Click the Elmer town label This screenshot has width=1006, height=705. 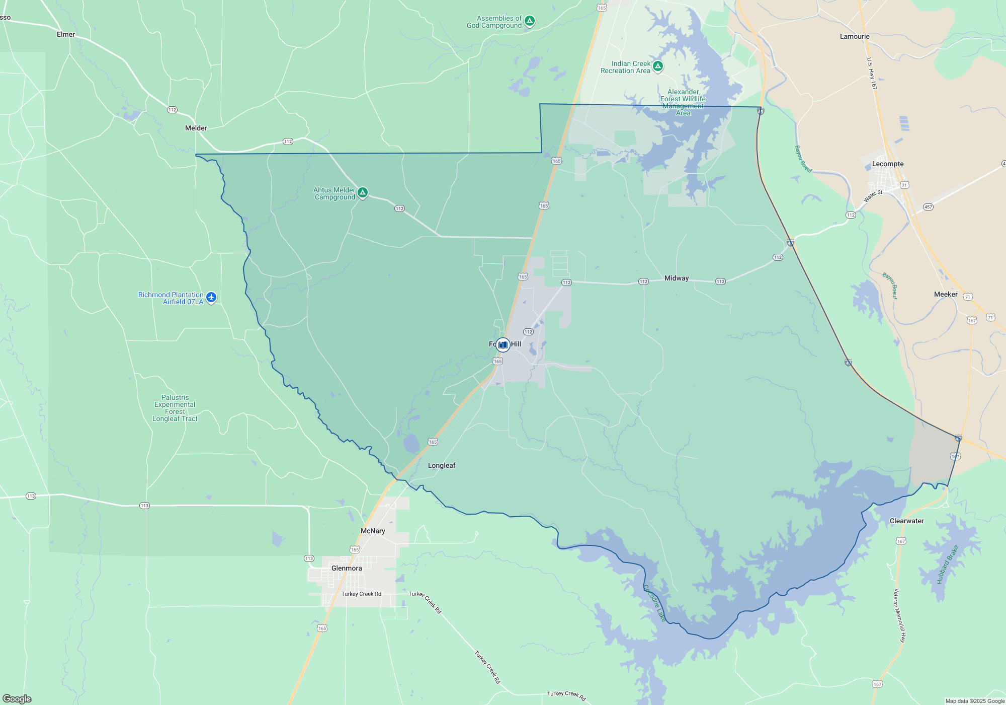pos(66,34)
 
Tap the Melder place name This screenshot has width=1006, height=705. pos(196,128)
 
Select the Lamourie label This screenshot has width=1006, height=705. pos(855,36)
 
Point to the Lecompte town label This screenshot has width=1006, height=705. pos(888,164)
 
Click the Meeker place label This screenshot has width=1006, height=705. pos(946,294)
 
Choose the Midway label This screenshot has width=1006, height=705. pos(677,278)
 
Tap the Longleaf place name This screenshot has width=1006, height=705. pos(442,465)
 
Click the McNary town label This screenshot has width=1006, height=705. pos(373,531)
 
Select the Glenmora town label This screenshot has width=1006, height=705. pos(347,568)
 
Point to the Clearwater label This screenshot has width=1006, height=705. pos(906,521)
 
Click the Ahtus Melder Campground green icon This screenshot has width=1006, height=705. pos(363,192)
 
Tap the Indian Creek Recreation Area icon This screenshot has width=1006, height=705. pos(657,66)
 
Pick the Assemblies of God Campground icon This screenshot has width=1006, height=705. pos(529,21)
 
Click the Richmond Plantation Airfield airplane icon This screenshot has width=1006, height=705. pos(211,297)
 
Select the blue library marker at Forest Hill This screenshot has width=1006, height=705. pos(502,345)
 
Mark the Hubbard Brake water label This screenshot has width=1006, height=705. pos(947,565)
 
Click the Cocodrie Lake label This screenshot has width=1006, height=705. pos(654,603)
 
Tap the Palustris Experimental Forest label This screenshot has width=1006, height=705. pos(175,408)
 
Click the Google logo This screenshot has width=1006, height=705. pos(17,698)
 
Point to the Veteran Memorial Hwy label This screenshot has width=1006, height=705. pos(899,615)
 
